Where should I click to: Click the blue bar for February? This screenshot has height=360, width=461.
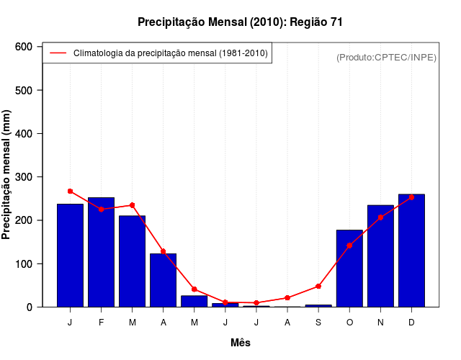101,252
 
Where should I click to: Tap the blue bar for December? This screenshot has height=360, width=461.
411,251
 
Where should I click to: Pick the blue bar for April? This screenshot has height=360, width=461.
164,280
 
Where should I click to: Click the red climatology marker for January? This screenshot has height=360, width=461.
70,192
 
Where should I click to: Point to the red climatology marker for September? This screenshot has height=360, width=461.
318,286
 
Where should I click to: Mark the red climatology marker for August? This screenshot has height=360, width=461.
287,297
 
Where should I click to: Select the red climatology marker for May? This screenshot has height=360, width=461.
194,289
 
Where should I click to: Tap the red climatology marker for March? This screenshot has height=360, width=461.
132,205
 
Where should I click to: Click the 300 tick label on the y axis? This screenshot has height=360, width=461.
24,177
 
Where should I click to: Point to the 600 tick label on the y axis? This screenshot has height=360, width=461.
24,47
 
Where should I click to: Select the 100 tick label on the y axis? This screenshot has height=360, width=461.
24,264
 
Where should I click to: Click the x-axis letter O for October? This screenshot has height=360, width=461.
349,323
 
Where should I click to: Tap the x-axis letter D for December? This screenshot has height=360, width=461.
411,323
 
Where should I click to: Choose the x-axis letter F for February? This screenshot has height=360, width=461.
101,323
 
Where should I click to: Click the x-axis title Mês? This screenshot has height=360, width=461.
241,343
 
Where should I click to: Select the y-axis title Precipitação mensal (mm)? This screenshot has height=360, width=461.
7,177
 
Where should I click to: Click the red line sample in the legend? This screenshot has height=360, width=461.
58,53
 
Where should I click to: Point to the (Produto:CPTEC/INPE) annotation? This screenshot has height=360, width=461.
386,57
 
